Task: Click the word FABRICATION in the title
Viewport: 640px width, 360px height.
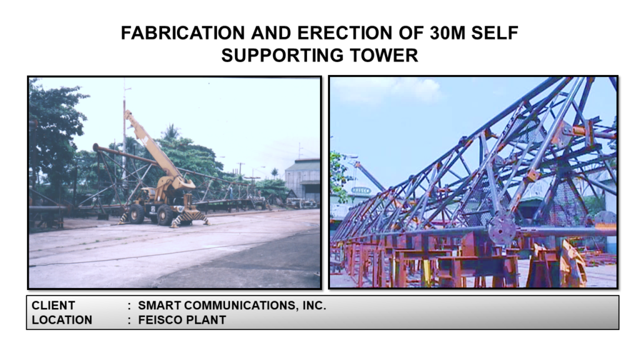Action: tap(183, 33)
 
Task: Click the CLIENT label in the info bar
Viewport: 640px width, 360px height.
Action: tap(54, 306)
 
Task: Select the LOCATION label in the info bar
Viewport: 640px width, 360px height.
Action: tap(62, 320)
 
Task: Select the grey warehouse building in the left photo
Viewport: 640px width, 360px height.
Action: tap(302, 179)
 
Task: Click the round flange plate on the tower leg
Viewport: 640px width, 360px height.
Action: tap(502, 229)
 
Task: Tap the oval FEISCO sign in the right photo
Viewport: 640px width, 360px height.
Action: tap(361, 191)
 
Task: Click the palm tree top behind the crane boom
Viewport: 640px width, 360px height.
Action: tap(170, 132)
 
